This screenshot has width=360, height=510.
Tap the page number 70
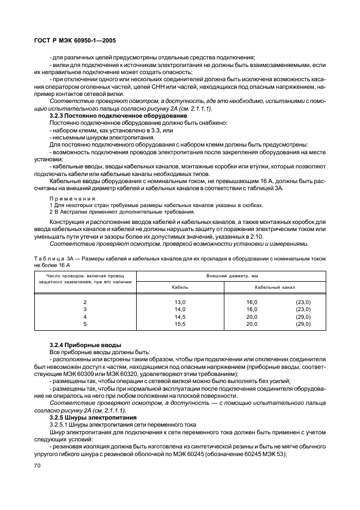pos(38,466)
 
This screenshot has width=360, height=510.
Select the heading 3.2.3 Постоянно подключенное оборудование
pos(118,116)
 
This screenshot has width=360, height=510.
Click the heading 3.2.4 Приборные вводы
pos(85,345)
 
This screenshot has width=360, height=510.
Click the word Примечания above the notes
pos(72,198)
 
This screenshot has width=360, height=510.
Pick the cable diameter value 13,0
pos(180,301)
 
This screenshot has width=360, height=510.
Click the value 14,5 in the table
pos(180,316)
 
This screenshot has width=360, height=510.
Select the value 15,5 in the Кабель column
pos(180,324)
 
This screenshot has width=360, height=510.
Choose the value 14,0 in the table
pos(180,309)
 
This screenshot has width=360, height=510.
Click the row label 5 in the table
pos(84,324)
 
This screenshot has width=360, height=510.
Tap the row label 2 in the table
pos(84,301)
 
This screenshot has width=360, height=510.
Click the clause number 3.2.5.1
pos(61,424)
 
